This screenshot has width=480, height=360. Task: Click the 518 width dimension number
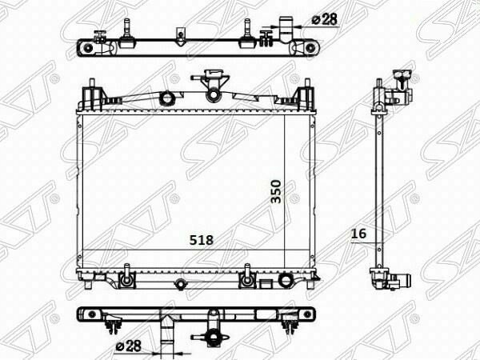[x=201, y=240]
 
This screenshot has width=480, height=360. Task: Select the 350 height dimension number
[x=276, y=192]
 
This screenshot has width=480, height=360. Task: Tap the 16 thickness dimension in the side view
[x=358, y=234]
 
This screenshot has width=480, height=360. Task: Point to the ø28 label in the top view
[x=325, y=19]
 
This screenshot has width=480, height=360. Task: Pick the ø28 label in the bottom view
[x=129, y=346]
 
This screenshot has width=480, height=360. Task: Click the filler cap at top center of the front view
[x=212, y=75]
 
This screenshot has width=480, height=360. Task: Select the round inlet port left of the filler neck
[x=167, y=98]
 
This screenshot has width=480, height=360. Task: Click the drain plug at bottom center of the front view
[x=180, y=284]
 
